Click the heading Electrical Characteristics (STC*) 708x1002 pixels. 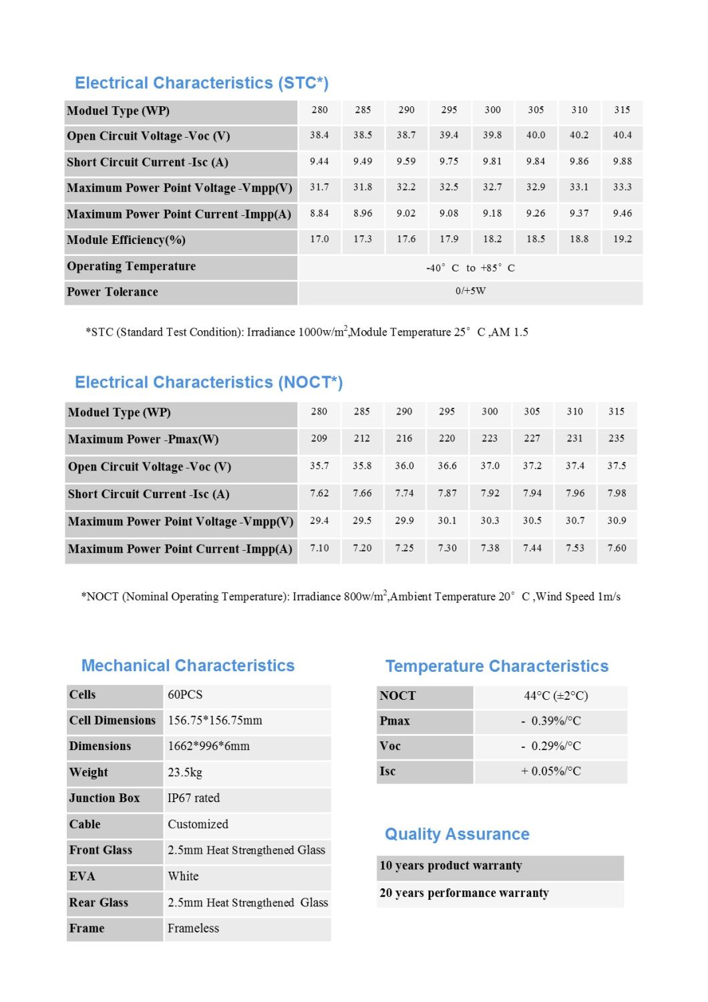[202, 83]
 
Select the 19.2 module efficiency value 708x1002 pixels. [622, 239]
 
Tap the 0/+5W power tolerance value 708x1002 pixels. [470, 291]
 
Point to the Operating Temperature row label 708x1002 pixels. [132, 266]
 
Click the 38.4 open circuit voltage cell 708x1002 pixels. [319, 135]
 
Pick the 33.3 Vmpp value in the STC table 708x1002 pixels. [622, 187]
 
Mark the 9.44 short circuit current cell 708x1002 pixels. [319, 161]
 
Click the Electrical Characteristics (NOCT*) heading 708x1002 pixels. [208, 382]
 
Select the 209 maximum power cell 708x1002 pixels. [319, 439]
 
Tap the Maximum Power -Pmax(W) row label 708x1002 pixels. [143, 439]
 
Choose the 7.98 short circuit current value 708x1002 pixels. [616, 493]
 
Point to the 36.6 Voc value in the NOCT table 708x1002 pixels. [447, 466]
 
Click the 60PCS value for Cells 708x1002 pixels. [185, 695]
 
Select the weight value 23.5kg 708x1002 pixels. [185, 772]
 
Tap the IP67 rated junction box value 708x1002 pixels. [194, 798]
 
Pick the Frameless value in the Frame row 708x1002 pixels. [193, 928]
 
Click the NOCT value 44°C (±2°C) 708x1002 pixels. [556, 696]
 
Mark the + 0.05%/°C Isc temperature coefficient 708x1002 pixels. [551, 771]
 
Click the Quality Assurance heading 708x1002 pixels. [457, 834]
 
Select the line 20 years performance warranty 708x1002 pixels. [464, 893]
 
